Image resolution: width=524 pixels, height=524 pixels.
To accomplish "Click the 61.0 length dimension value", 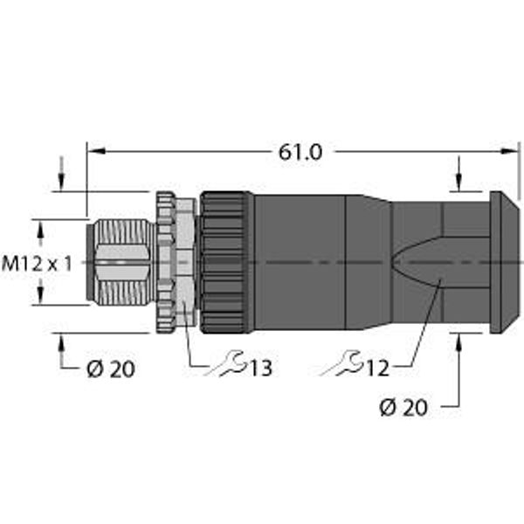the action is [x=300, y=153].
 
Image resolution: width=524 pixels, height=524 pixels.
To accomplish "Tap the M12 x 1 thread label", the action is [x=37, y=263].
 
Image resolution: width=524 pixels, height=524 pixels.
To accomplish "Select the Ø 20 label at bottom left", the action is [x=111, y=369].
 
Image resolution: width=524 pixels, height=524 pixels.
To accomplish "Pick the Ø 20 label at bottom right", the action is [x=403, y=407].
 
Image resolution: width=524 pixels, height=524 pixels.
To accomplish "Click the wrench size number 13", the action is [x=260, y=368].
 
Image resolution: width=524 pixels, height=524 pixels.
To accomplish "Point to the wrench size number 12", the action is [x=377, y=368].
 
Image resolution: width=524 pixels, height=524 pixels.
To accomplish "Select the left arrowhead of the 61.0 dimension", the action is [x=97, y=151].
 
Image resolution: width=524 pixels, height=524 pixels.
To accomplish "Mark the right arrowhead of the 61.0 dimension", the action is [x=510, y=151].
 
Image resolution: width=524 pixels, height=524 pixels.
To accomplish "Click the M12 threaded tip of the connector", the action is [x=121, y=262].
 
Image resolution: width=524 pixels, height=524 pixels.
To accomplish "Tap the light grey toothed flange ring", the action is [x=166, y=263].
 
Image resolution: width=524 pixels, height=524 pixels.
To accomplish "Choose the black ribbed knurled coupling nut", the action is [x=226, y=263].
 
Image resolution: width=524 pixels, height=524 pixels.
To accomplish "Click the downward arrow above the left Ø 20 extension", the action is [x=61, y=173].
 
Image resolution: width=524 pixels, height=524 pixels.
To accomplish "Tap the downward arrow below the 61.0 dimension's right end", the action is [x=459, y=173].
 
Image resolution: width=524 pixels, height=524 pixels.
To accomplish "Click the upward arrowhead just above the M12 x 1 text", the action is [x=40, y=231].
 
